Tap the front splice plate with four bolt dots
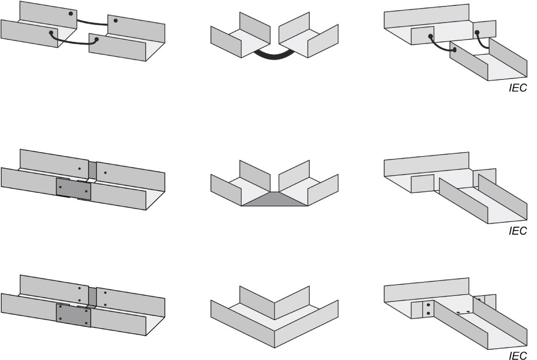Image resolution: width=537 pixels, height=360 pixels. [x=74, y=315]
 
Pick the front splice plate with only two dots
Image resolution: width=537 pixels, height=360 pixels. [x=74, y=189]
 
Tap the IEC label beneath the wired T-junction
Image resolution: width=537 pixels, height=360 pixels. [x=518, y=88]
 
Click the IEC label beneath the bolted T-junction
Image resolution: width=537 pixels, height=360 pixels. [x=518, y=356]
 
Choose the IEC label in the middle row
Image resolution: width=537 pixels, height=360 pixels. [x=518, y=231]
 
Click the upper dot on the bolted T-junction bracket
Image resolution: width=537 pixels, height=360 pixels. [x=429, y=305]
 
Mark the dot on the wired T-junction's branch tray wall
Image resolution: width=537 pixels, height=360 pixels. [x=455, y=50]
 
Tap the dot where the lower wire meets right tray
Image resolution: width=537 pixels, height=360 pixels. [x=97, y=39]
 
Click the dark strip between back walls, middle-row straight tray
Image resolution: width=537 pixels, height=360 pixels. [x=92, y=170]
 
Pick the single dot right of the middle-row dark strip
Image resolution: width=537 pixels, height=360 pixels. [x=105, y=172]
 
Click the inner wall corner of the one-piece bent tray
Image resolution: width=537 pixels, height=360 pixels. [x=274, y=303]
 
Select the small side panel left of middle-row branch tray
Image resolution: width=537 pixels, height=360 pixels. [x=423, y=184]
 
